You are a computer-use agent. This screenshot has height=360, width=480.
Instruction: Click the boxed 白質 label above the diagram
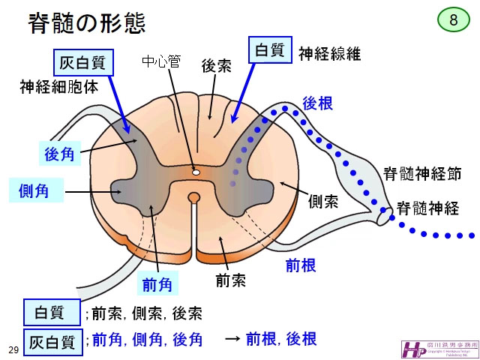coord(270,50)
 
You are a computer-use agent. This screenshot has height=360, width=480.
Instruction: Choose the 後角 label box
coord(60,155)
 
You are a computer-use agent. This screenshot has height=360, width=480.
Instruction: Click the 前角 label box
coord(157,285)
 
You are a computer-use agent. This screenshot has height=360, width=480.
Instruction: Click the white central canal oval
coord(196,172)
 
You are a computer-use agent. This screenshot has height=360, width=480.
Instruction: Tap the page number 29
coord(13,350)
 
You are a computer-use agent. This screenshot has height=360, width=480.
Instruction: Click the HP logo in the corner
coord(412,348)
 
